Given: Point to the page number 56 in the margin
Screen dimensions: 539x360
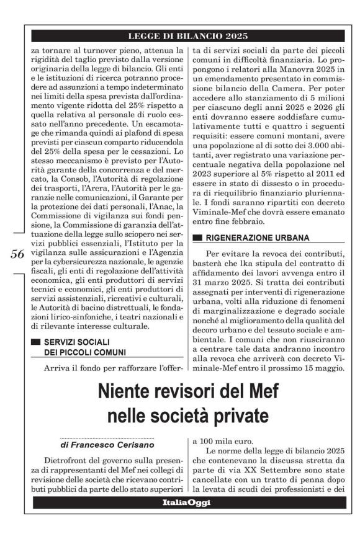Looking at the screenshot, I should [x=17, y=254].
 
